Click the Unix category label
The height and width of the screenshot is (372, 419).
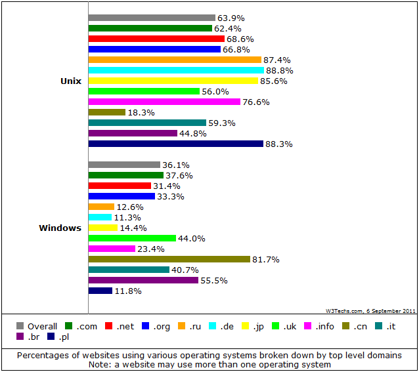coord(71,81)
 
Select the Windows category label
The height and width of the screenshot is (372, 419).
coord(60,228)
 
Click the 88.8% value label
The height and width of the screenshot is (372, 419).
coord(280,70)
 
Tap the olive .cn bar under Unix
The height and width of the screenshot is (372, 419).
coord(107,112)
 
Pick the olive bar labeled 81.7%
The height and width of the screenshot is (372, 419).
coord(169,259)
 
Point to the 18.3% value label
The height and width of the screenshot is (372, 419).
coord(141,113)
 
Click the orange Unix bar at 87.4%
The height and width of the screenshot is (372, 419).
coord(175,60)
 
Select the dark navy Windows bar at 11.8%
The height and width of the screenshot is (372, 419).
coord(100,291)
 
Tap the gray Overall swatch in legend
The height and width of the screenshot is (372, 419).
coord(20,326)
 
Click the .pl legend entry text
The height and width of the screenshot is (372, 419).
coord(64,337)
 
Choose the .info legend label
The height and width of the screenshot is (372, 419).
coord(324,326)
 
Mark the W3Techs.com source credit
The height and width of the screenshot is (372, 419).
coord(370,311)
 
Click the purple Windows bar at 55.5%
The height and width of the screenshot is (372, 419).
coord(143,280)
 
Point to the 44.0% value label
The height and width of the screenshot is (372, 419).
coord(192,238)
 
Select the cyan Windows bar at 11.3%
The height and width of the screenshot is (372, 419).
coord(100,217)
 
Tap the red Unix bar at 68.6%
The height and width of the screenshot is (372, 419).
coord(156,39)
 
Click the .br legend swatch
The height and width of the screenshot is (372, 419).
coord(20,336)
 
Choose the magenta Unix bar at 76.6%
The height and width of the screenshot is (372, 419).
coord(164,102)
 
